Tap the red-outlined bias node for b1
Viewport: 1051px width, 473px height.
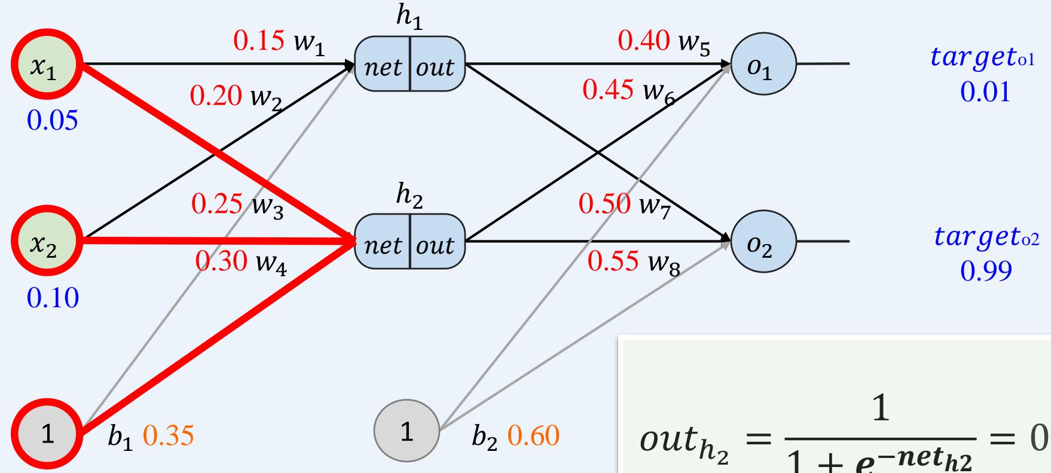point(47,435)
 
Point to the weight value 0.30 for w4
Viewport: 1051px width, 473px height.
point(221,261)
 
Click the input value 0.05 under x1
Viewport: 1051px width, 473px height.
point(53,121)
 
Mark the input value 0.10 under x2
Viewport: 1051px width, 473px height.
point(53,297)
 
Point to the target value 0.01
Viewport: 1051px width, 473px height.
point(985,93)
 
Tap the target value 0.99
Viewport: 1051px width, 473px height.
point(986,271)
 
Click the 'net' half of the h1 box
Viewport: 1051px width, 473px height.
point(383,67)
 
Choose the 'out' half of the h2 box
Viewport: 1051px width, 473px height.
point(435,245)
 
